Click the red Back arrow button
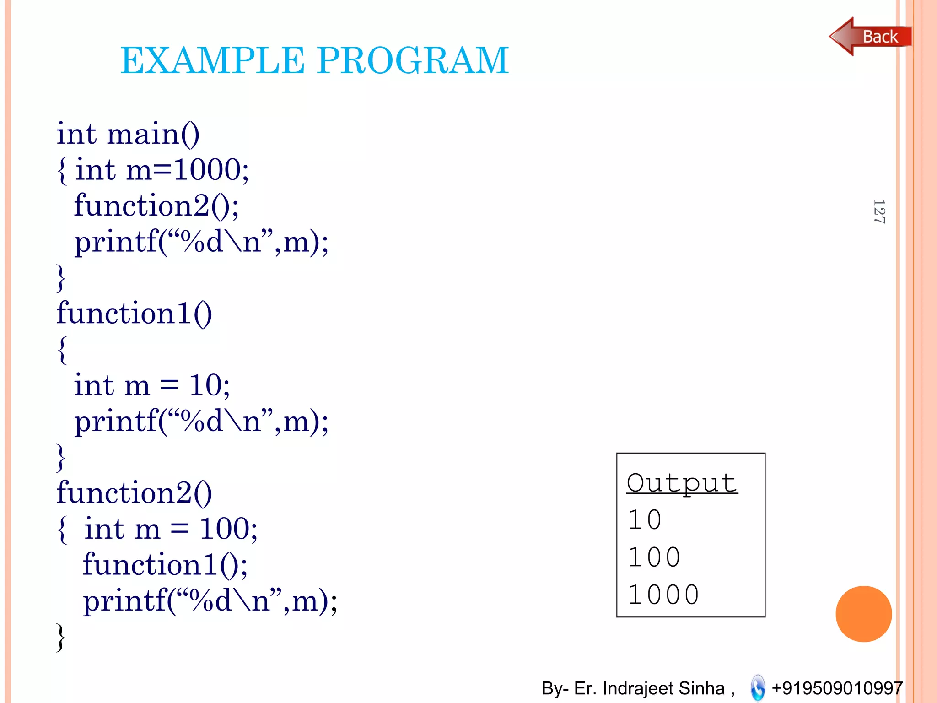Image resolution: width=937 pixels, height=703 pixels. pyautogui.click(x=869, y=37)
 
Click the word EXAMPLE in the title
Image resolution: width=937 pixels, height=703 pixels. pyautogui.click(x=212, y=60)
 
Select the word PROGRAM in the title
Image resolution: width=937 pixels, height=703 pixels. pyautogui.click(x=413, y=60)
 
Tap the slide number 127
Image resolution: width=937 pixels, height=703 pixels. pyautogui.click(x=879, y=211)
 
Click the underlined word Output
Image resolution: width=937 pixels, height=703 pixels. pyautogui.click(x=682, y=483)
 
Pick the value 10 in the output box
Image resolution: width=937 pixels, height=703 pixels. pyautogui.click(x=644, y=520)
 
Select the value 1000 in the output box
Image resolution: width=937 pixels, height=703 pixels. pyautogui.click(x=663, y=595)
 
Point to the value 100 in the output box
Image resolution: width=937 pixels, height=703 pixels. pyautogui.click(x=654, y=557)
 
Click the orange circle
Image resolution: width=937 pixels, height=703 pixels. pyautogui.click(x=863, y=614)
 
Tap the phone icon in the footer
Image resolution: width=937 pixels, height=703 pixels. pyautogui.click(x=758, y=687)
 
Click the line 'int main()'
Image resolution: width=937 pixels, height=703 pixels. pyautogui.click(x=128, y=135)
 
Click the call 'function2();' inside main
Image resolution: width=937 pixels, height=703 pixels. pyautogui.click(x=156, y=205)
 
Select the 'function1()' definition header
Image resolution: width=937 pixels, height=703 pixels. pyautogui.click(x=135, y=314)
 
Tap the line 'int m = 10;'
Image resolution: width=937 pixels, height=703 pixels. pyautogui.click(x=152, y=385)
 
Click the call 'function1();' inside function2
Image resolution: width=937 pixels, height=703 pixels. pyautogui.click(x=165, y=565)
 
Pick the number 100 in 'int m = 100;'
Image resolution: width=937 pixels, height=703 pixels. pyautogui.click(x=225, y=529)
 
